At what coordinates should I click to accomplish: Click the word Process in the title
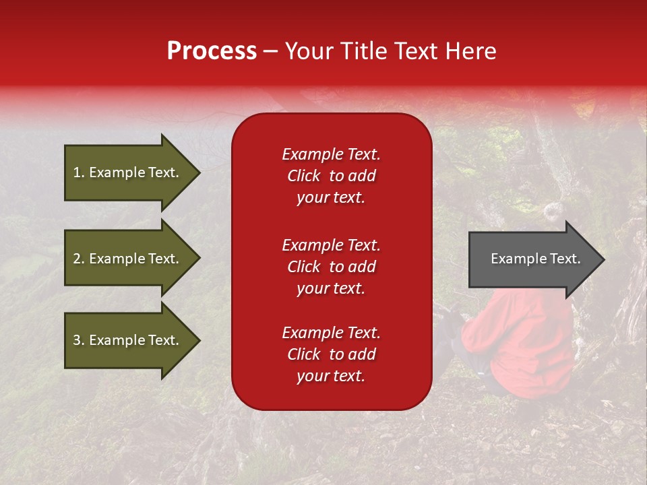pyautogui.click(x=212, y=51)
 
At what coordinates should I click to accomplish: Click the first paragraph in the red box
pyautogui.click(x=331, y=176)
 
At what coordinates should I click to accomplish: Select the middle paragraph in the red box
pyautogui.click(x=331, y=267)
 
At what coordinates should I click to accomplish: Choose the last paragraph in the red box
pyautogui.click(x=331, y=354)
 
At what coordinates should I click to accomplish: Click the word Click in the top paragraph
pyautogui.click(x=303, y=176)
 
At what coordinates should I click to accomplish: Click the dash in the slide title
pyautogui.click(x=270, y=51)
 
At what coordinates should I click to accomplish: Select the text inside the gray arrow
pyautogui.click(x=535, y=259)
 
